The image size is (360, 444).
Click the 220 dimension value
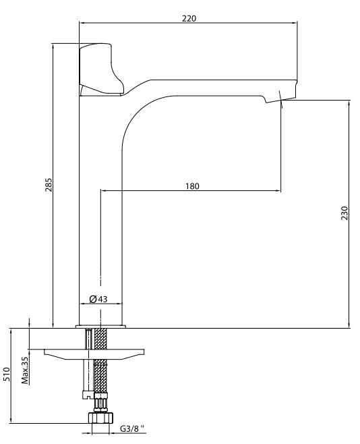[x=189, y=18]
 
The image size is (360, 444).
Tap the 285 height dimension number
[x=49, y=185]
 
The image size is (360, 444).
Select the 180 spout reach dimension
[x=192, y=186]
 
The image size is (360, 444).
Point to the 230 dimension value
[x=344, y=213]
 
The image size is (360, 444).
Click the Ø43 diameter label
[x=98, y=299]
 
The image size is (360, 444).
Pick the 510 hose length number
[x=6, y=374]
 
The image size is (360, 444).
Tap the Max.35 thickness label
[x=25, y=370]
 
